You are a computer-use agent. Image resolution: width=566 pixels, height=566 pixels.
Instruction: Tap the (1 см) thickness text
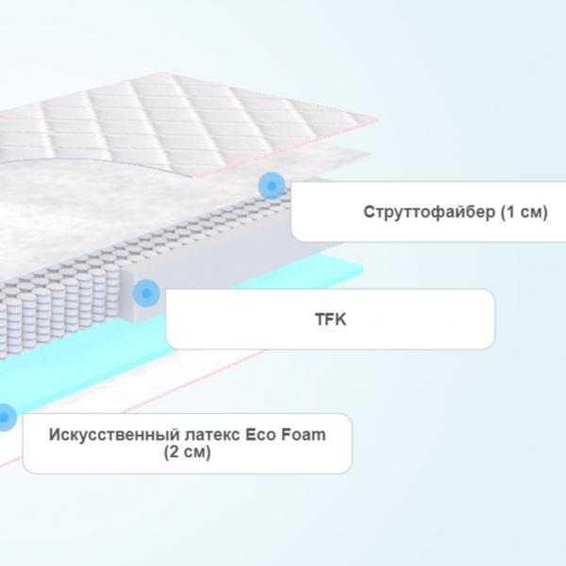(x=524, y=212)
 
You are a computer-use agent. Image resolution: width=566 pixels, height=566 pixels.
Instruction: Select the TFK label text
(x=331, y=319)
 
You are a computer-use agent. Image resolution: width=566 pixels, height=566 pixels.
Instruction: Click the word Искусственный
(x=114, y=435)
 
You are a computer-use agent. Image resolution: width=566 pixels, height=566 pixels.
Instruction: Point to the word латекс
(x=212, y=435)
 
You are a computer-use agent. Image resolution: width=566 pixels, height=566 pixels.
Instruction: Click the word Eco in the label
(x=260, y=435)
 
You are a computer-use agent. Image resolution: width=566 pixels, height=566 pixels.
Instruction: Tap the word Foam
(x=303, y=435)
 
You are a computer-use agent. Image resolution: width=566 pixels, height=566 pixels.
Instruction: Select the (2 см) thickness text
(x=187, y=452)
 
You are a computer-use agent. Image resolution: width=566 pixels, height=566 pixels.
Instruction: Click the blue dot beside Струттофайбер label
(x=272, y=186)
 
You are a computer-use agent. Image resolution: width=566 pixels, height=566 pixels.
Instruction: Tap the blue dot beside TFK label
(x=146, y=293)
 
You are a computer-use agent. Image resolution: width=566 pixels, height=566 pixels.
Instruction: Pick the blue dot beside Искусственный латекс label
(x=5, y=418)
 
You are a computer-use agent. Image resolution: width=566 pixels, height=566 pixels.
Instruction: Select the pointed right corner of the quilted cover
(x=376, y=119)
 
